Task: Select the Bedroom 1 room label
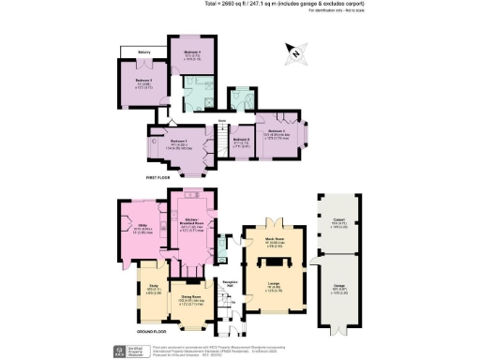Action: [x=179, y=142]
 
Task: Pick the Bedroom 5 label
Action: [x=143, y=81]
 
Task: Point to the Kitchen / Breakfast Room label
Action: [x=193, y=222]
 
